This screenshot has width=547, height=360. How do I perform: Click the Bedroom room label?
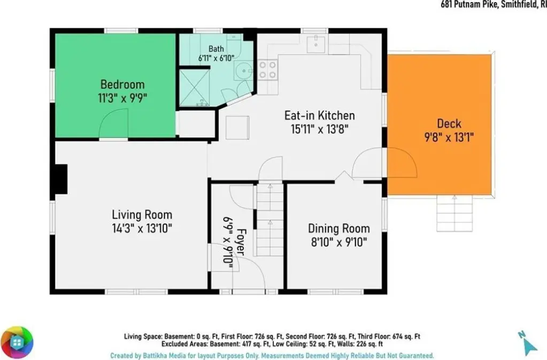tap(122, 85)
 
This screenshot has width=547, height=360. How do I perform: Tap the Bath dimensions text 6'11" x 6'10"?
tap(217, 58)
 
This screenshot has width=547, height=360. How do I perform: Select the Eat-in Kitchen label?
tap(320, 116)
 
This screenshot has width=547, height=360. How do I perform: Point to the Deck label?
tap(449, 124)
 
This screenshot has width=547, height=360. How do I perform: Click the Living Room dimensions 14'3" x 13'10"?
tap(142, 228)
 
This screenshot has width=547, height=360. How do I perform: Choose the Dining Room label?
tap(339, 228)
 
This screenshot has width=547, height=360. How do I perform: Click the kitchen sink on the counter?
tap(316, 44)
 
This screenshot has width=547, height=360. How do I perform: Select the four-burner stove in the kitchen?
tap(268, 70)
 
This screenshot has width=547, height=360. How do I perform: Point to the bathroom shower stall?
tap(194, 88)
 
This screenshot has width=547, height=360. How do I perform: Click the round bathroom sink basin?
tap(244, 71)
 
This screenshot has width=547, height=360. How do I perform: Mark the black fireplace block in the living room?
tap(61, 179)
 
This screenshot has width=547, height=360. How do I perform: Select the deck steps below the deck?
tap(454, 213)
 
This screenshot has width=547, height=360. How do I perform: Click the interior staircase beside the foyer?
tap(270, 219)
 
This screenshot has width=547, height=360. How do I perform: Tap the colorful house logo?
tap(17, 343)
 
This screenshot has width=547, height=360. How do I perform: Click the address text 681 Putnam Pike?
tap(469, 4)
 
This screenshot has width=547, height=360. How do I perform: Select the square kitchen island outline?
tap(237, 128)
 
